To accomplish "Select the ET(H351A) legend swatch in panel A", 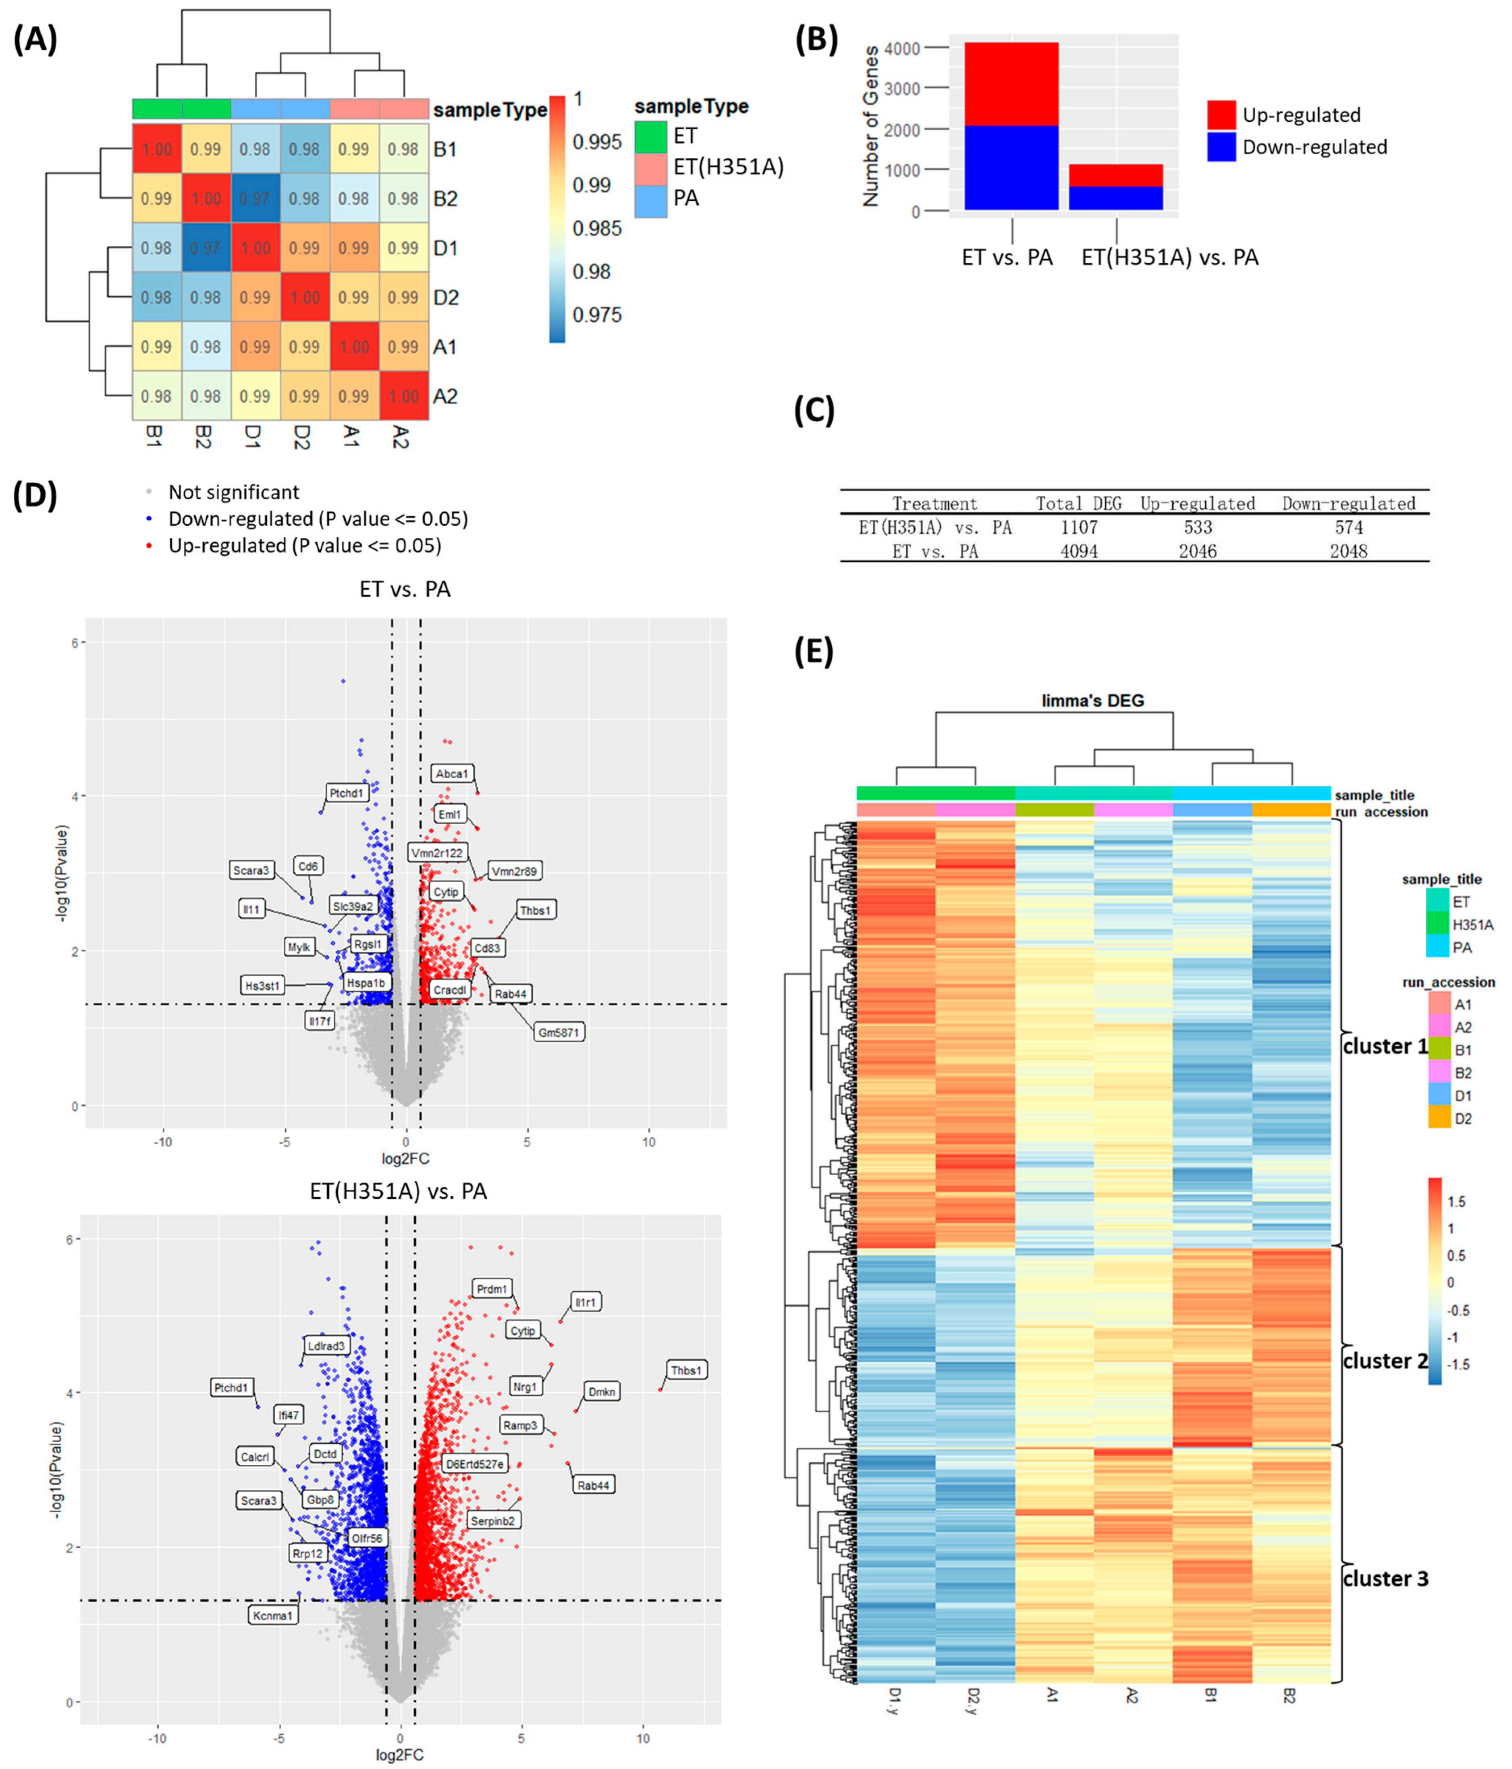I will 650,166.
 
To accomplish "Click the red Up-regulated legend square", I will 1221,114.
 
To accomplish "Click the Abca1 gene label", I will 452,773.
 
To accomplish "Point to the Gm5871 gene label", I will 559,1032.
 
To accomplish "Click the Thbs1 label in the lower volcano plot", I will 685,1370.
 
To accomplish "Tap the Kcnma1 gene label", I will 273,1615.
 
